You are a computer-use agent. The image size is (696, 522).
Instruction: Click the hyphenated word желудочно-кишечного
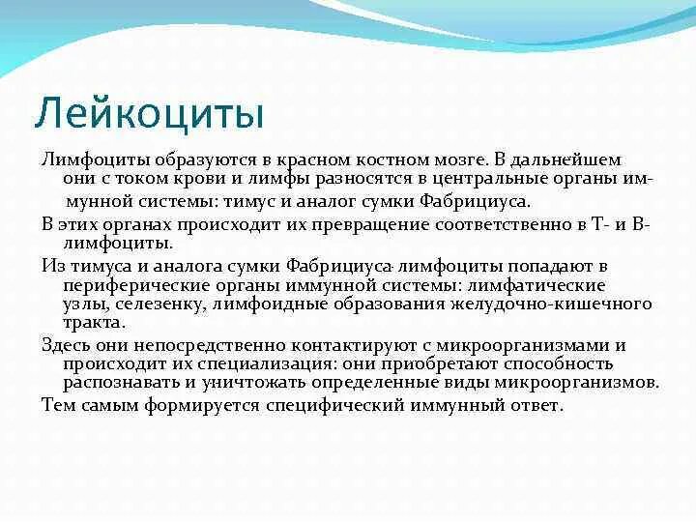pyautogui.click(x=551, y=304)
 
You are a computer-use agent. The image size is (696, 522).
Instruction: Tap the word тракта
pyautogui.click(x=92, y=322)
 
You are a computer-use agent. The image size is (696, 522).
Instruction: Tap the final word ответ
pyautogui.click(x=536, y=405)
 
